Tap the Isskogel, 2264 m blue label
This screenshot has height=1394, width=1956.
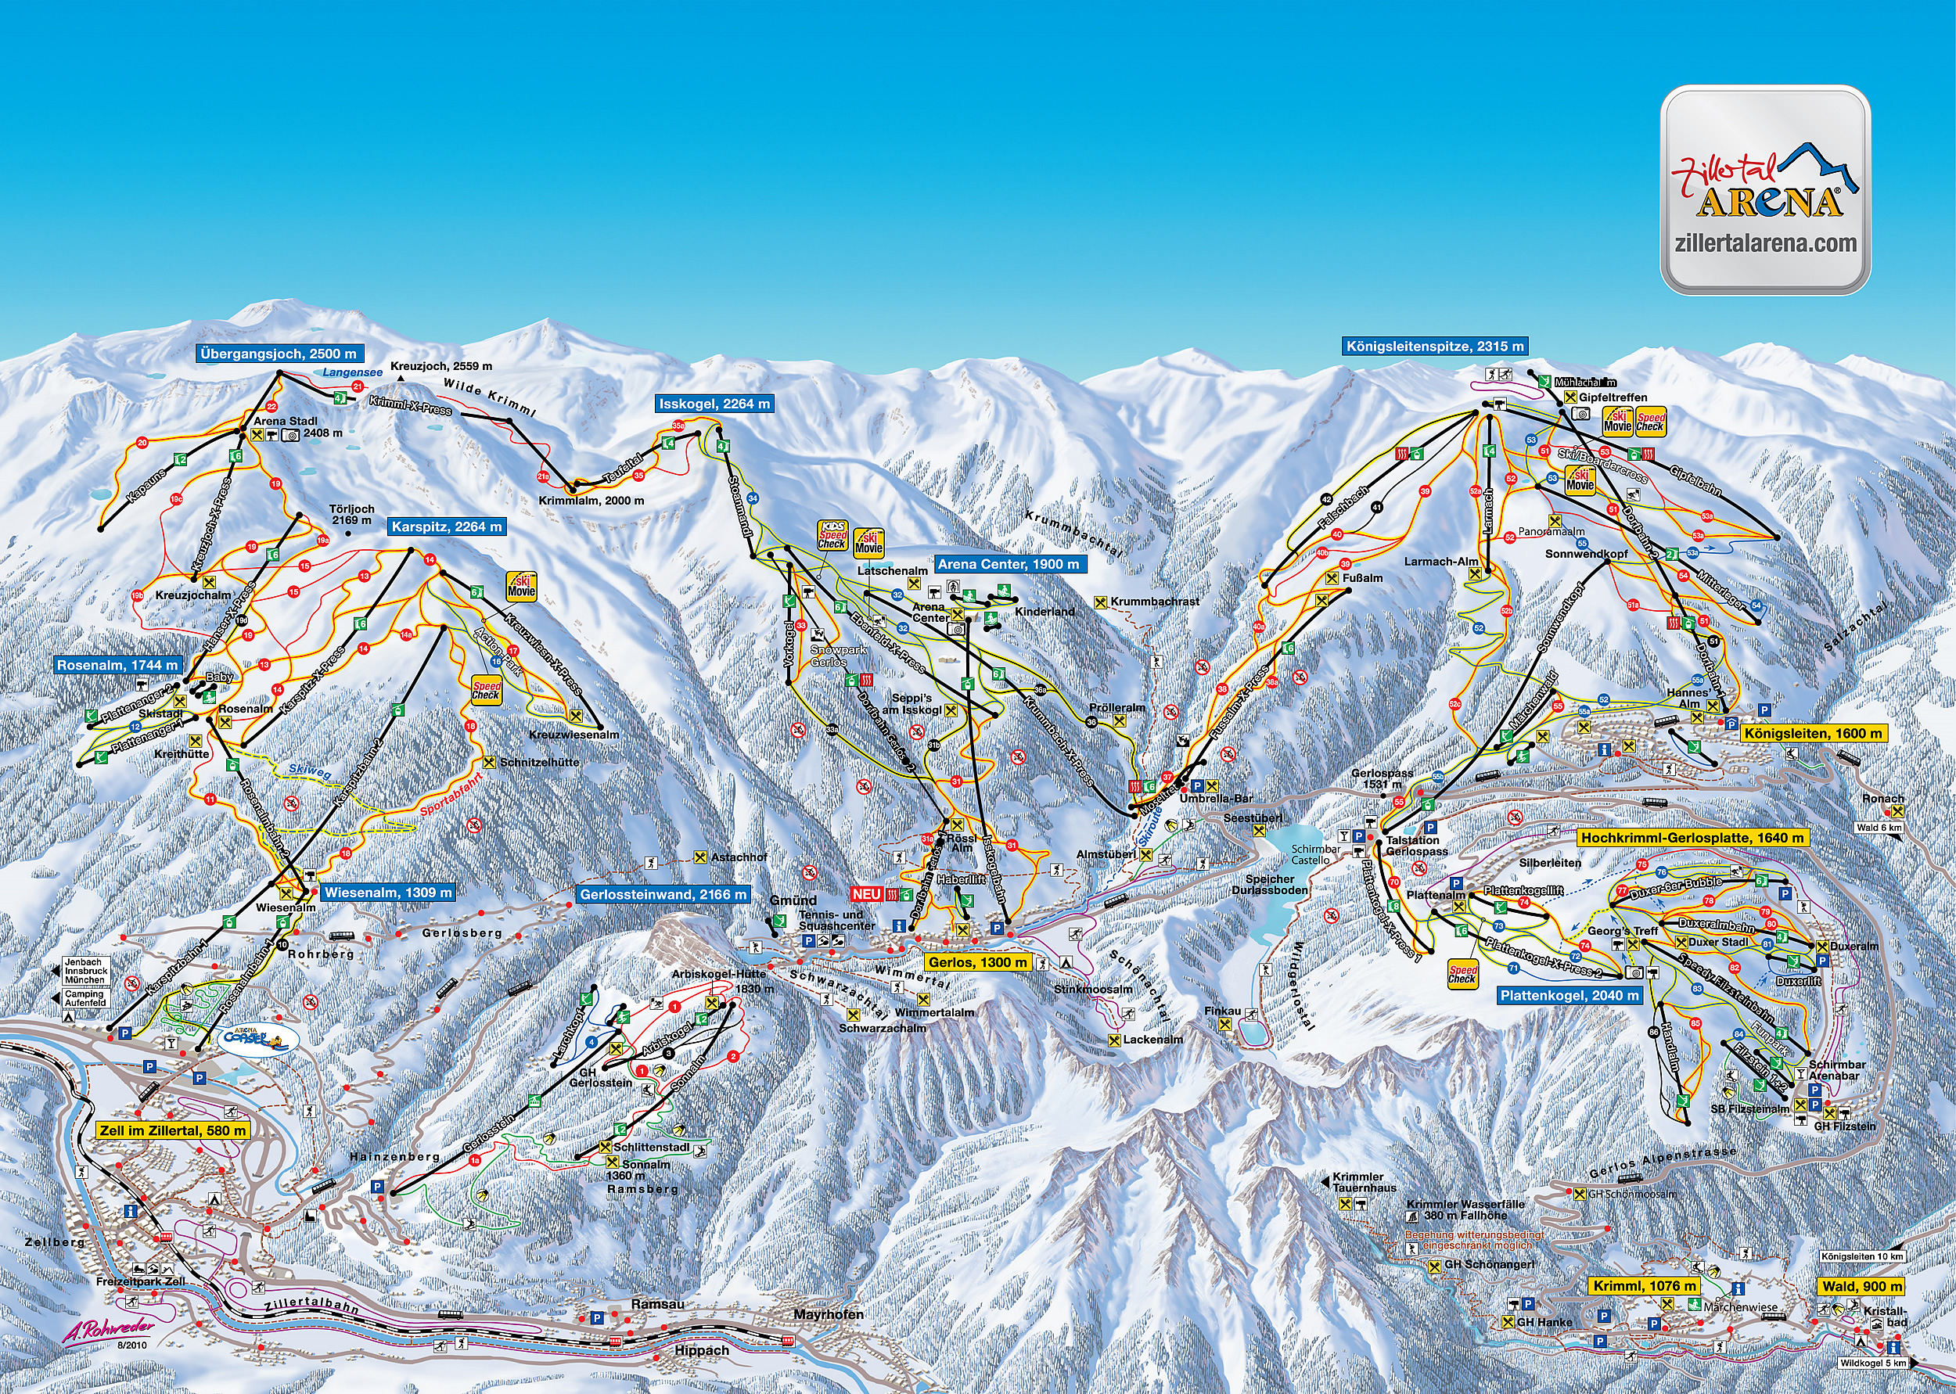coord(714,404)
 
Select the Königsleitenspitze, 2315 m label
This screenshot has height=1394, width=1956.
coord(1434,346)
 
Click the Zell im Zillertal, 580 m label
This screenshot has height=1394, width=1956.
coord(172,1130)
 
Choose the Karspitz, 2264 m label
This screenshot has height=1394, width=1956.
coord(446,526)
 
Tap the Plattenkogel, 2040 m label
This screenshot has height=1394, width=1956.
coord(1569,996)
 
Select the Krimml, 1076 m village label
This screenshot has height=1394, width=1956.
coord(1645,1286)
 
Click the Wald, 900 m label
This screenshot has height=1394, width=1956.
coord(1861,1286)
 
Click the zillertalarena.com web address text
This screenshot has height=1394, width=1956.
coord(1764,244)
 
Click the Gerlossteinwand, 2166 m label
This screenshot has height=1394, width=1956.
coord(663,894)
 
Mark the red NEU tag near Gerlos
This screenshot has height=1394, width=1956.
coord(866,893)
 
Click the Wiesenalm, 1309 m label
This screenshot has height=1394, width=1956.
coord(387,892)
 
